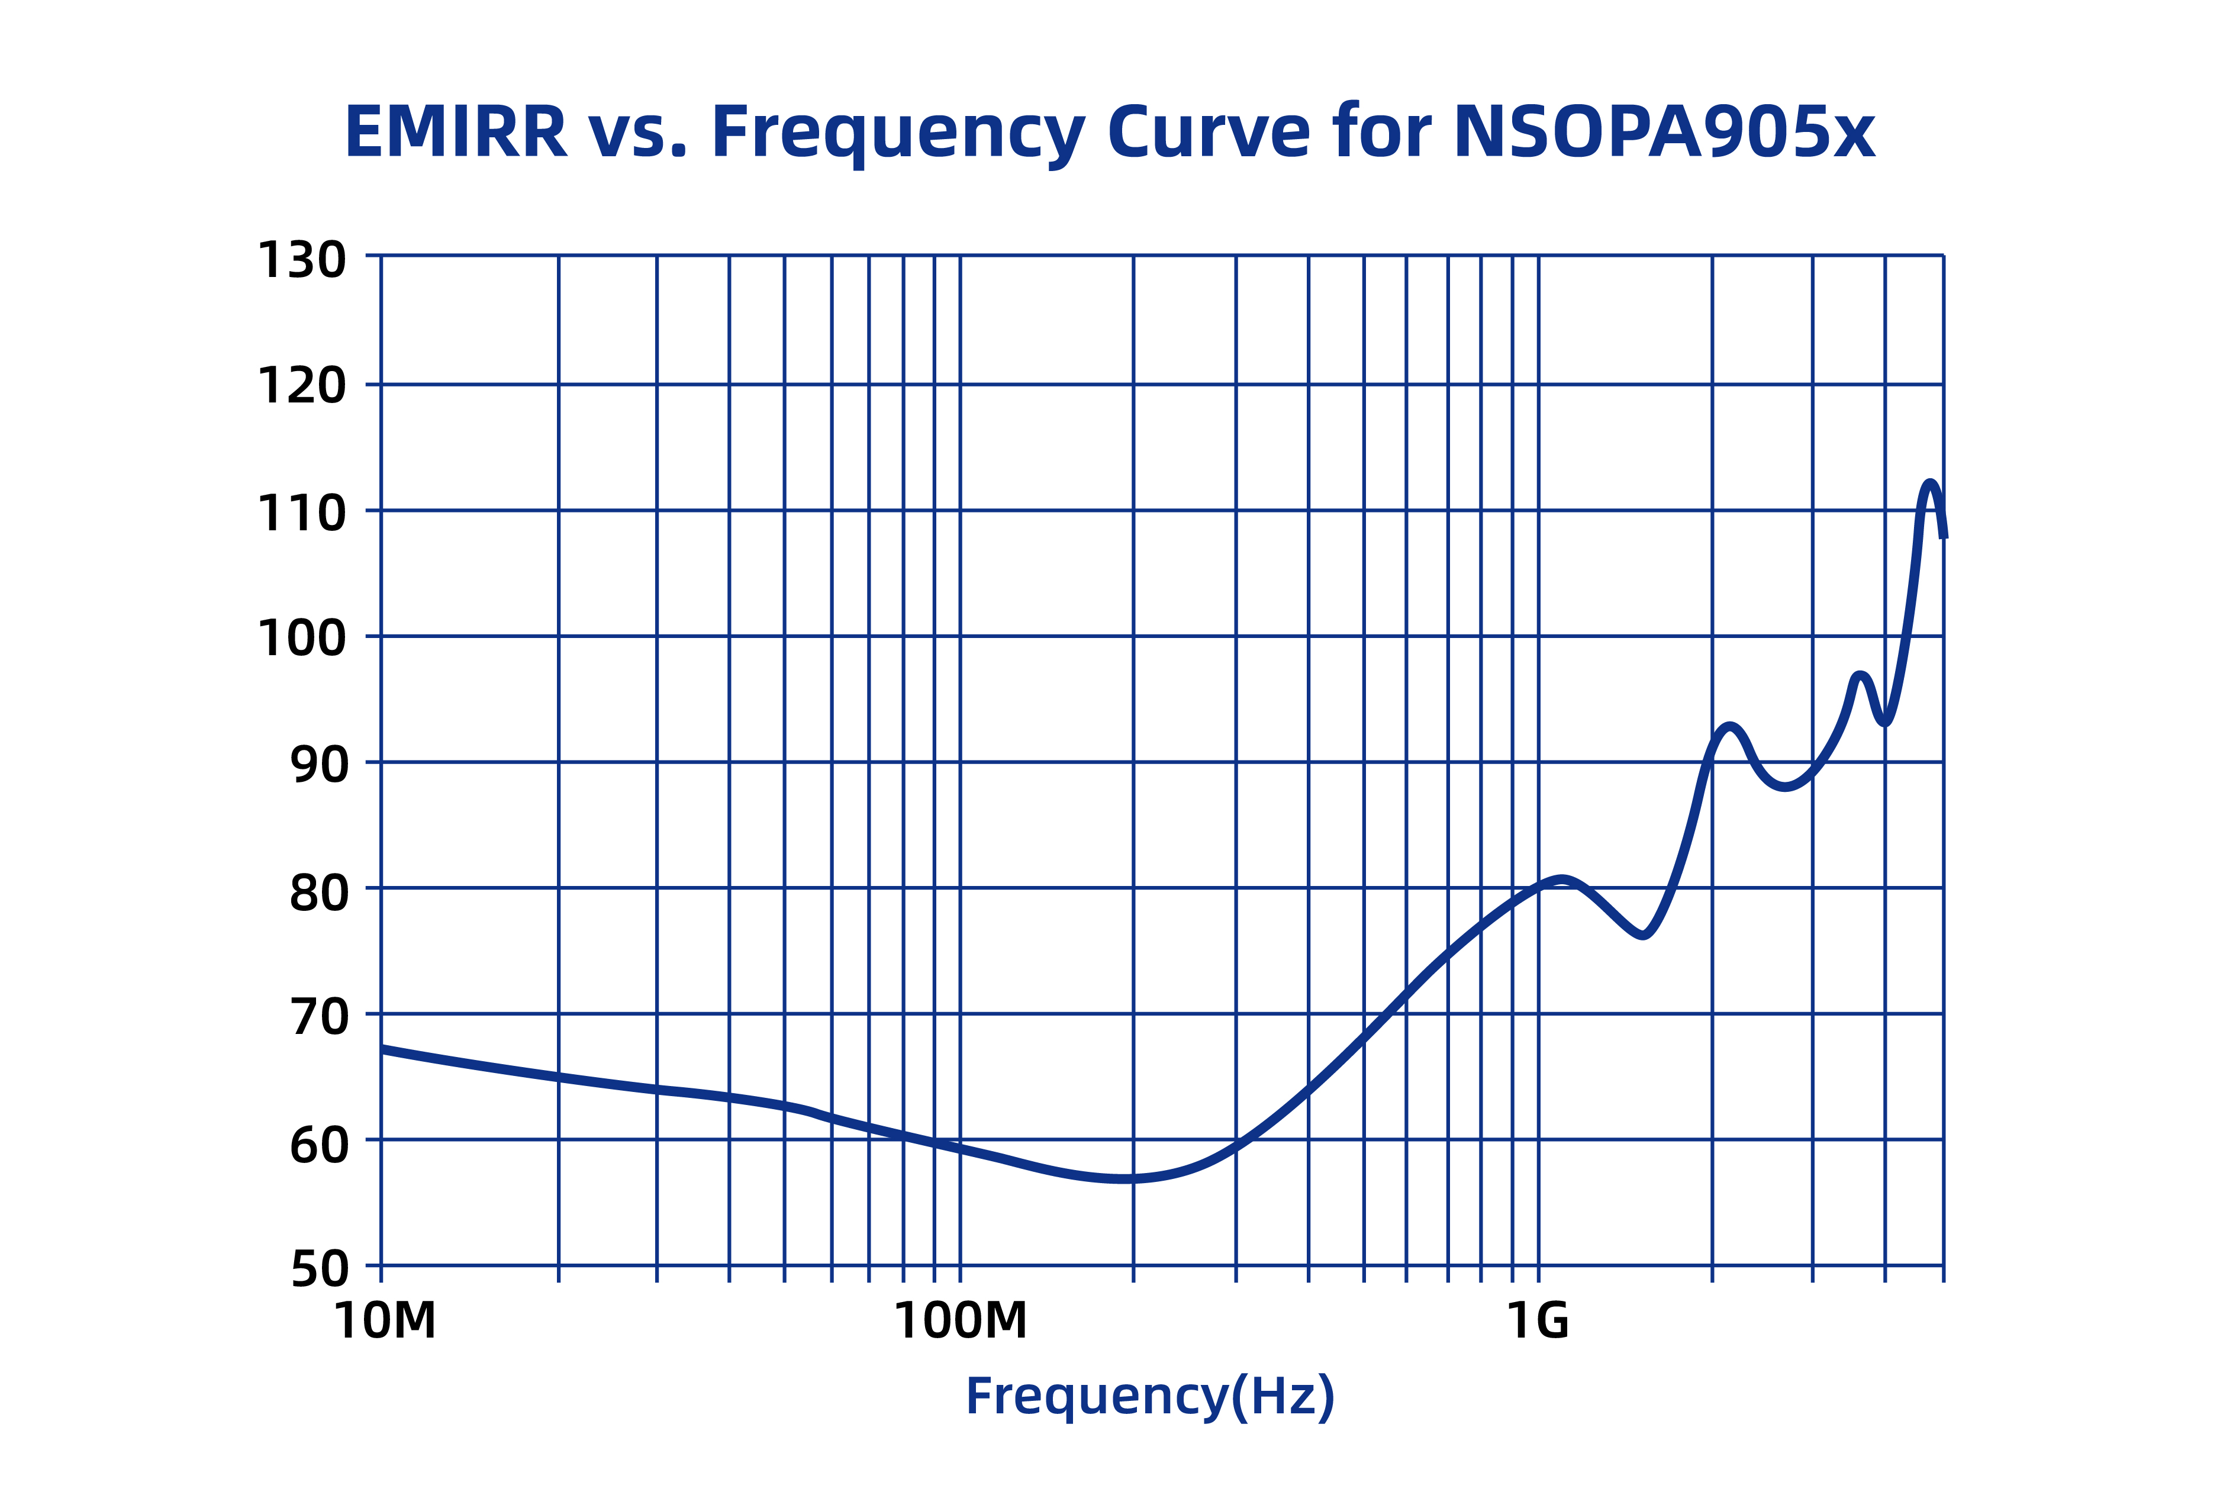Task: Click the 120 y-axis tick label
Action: click(301, 386)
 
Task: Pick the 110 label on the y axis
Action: click(301, 513)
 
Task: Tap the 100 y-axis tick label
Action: click(301, 638)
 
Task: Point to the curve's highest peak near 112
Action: click(1929, 484)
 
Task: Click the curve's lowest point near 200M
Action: click(1130, 1180)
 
